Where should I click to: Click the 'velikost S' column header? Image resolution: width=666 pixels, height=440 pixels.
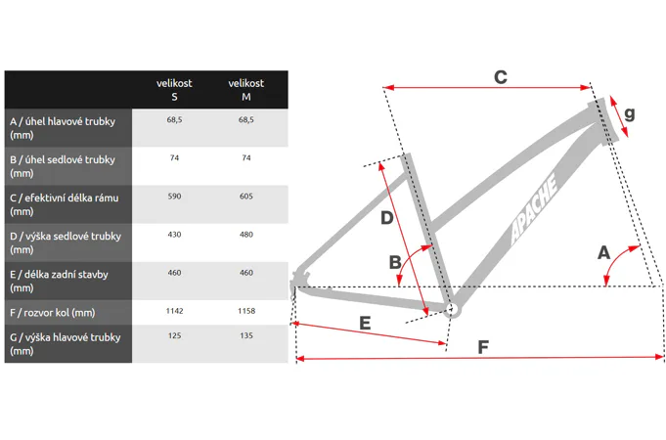click(174, 90)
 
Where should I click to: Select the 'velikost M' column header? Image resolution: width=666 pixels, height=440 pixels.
click(245, 90)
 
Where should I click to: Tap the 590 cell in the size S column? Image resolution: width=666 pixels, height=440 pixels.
click(174, 197)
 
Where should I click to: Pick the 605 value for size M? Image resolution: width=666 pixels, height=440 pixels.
click(245, 197)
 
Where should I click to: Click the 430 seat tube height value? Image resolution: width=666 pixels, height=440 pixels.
click(174, 235)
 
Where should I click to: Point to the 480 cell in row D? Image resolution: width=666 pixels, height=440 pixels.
click(245, 235)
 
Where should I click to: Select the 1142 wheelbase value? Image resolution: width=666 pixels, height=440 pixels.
click(174, 311)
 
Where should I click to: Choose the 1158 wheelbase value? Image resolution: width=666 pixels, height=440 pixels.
click(245, 311)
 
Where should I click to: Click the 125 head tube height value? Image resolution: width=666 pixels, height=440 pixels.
click(174, 335)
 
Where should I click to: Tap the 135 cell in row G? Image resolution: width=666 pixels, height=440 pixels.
click(245, 335)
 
